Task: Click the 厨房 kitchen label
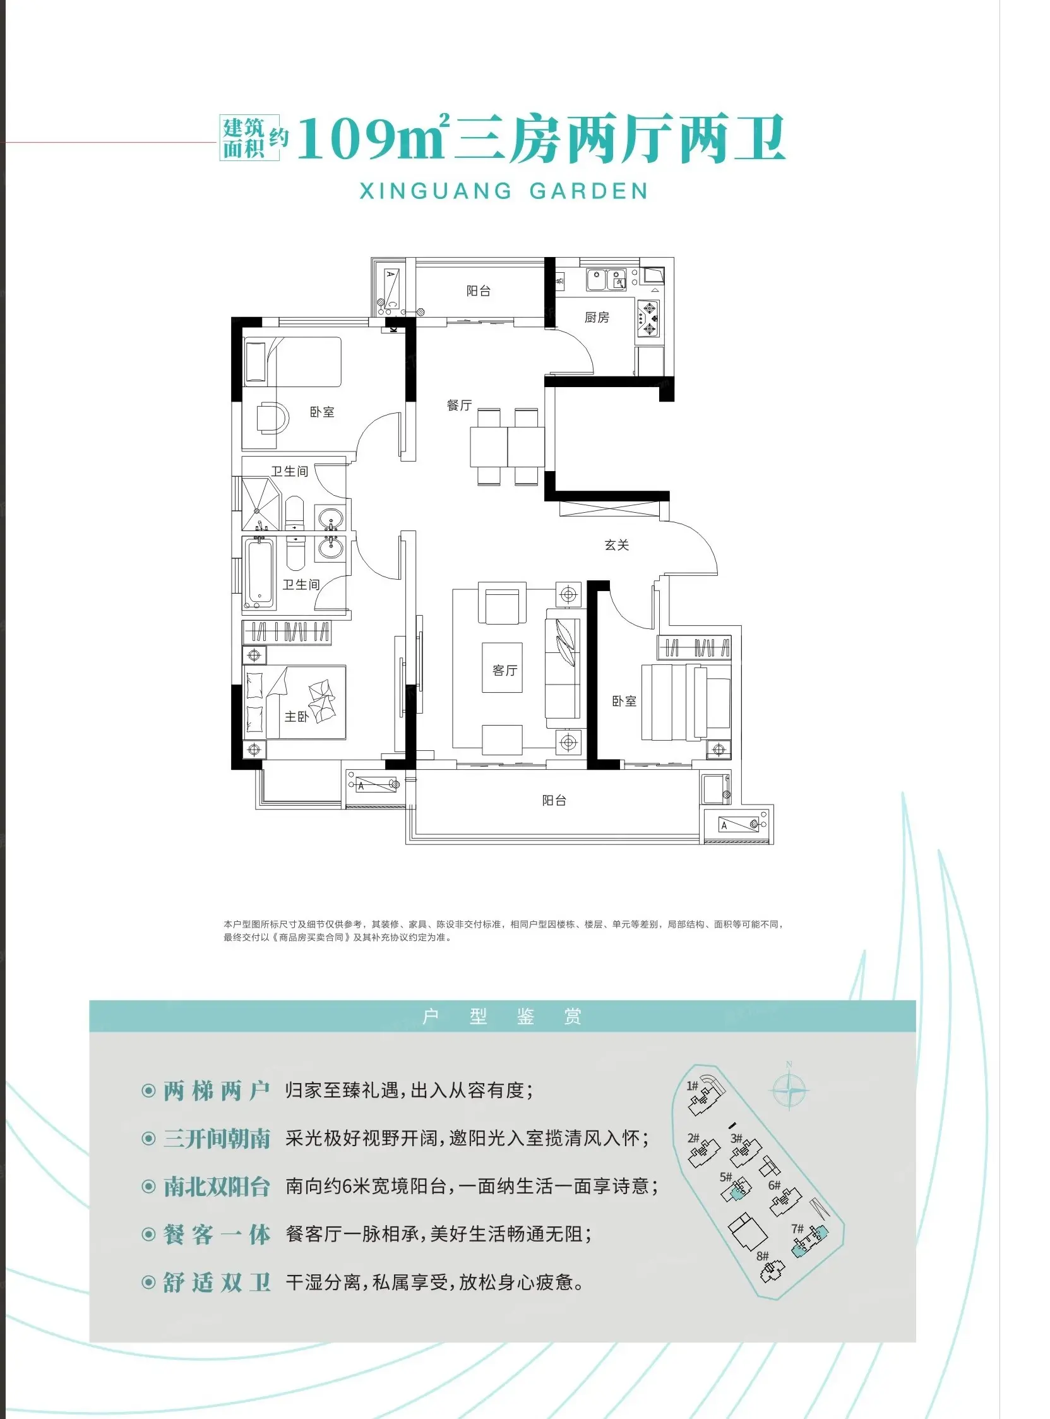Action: pos(597,317)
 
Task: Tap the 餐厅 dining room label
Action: pos(459,405)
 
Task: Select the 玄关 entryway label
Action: pos(616,545)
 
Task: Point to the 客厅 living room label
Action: pos(504,670)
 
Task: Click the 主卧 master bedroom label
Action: pos(296,717)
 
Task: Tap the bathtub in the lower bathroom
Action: pos(260,572)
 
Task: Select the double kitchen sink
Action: pos(607,280)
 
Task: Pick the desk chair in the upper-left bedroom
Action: pos(273,418)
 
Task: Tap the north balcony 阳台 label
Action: pos(479,291)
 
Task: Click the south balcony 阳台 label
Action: pos(554,800)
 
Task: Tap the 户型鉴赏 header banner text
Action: pos(502,1017)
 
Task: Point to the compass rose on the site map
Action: pos(789,1091)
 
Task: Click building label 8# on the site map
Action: pos(763,1256)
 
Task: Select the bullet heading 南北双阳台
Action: pos(217,1187)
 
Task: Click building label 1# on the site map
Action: pos(692,1086)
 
